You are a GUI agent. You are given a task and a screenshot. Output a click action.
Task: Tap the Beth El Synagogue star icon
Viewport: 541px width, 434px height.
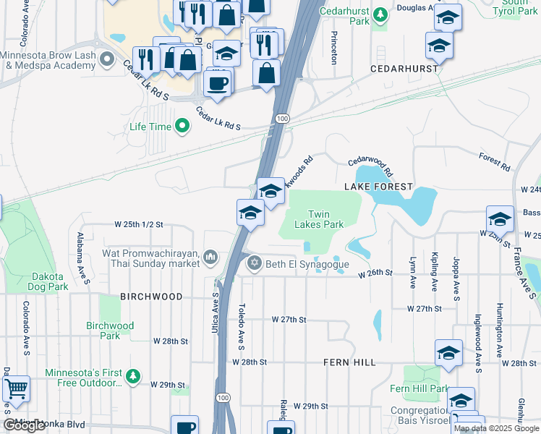click(x=254, y=263)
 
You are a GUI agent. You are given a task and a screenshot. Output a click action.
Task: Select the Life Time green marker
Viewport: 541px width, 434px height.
click(x=182, y=127)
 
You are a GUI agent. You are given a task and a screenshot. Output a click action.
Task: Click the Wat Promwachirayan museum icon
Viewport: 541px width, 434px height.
click(x=210, y=257)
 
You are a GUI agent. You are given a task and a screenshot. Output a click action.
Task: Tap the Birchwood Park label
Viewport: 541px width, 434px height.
click(x=110, y=331)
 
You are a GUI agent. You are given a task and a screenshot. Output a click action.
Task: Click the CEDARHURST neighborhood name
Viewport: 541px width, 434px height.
click(x=404, y=68)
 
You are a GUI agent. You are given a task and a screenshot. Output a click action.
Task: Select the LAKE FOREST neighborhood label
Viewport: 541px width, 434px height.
click(x=378, y=187)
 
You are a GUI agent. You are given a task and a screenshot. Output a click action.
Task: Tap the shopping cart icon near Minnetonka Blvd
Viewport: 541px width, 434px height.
click(x=15, y=389)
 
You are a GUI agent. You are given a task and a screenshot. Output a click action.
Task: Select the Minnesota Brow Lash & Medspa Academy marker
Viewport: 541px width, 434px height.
click(x=108, y=58)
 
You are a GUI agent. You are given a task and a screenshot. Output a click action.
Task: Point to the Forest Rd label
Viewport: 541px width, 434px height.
click(x=494, y=160)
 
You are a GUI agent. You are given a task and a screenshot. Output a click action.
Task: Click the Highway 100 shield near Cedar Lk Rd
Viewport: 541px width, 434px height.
click(x=282, y=118)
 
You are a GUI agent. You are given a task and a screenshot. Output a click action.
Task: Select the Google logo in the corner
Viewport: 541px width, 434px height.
click(x=25, y=425)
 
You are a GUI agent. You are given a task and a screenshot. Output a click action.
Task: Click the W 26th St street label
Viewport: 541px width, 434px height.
click(x=377, y=273)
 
